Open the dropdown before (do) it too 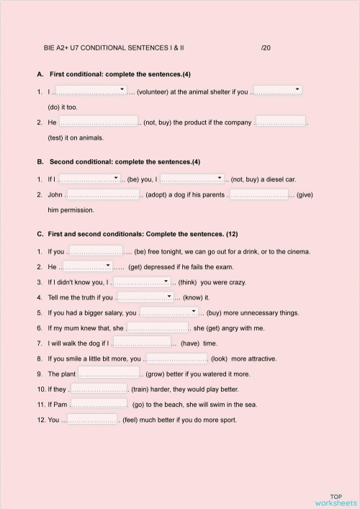coord(277,91)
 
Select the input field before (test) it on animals coord(281,122)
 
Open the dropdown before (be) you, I coord(89,178)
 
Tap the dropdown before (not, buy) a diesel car coord(192,178)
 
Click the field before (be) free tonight coord(94,251)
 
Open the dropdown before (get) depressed coord(86,266)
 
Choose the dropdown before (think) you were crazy coord(141,281)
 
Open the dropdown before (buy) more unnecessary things coord(168,312)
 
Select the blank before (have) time coord(141,343)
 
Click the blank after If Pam coord(100,404)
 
